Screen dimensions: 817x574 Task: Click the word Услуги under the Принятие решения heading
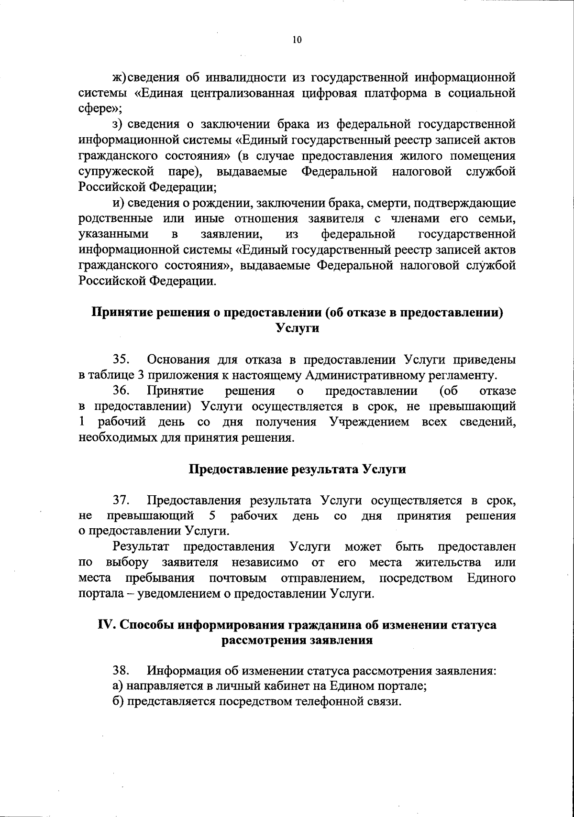tap(297, 328)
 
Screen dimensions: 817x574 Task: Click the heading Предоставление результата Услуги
tap(297, 469)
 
